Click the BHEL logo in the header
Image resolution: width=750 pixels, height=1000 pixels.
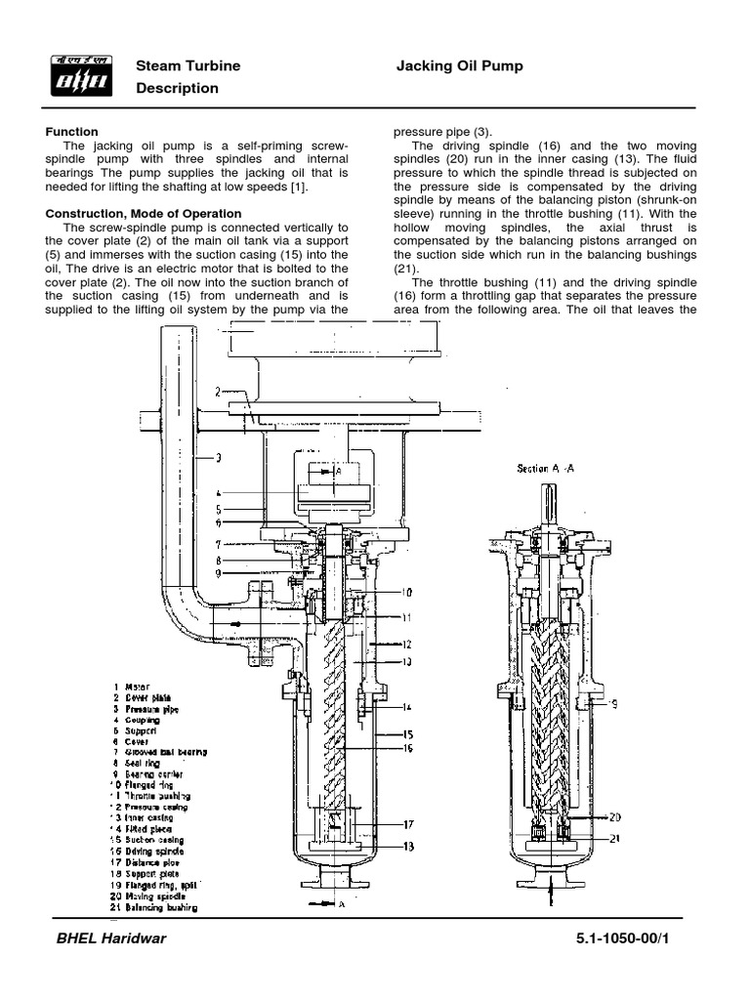coord(80,76)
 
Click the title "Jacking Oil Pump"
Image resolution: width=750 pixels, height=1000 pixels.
coord(459,65)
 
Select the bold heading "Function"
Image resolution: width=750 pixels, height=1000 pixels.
coord(72,131)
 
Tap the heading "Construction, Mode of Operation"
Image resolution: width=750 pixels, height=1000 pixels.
coord(144,213)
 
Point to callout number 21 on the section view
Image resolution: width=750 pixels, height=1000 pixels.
coord(615,838)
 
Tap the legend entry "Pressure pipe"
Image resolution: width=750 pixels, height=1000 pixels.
coord(152,711)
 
